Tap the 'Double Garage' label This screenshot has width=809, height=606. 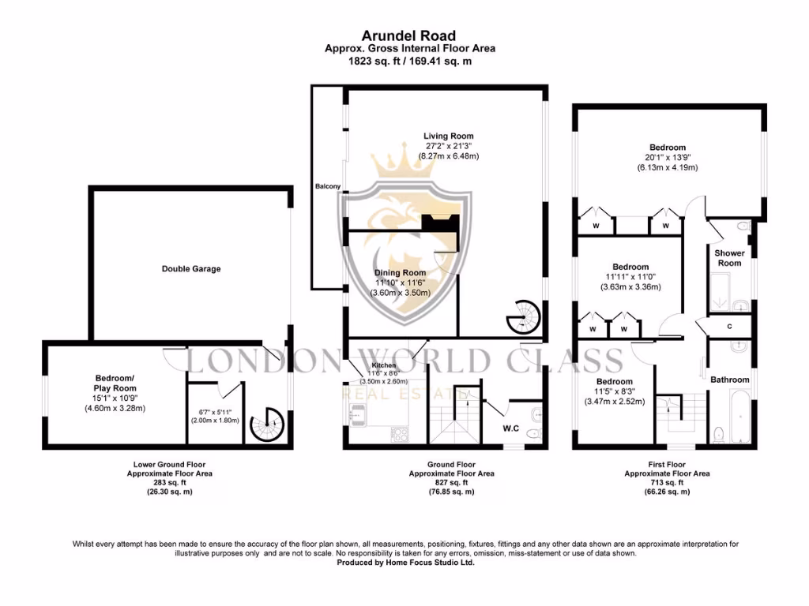(x=191, y=269)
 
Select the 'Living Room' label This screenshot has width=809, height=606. (x=448, y=137)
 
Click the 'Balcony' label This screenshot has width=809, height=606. (x=328, y=186)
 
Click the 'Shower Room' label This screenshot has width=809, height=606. (x=729, y=258)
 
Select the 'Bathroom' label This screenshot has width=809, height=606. (x=729, y=380)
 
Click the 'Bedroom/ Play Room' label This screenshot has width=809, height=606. (x=115, y=383)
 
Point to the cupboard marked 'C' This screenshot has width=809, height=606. (x=729, y=326)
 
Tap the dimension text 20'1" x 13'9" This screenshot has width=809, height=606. (x=668, y=158)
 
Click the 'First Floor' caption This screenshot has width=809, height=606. (x=667, y=465)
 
